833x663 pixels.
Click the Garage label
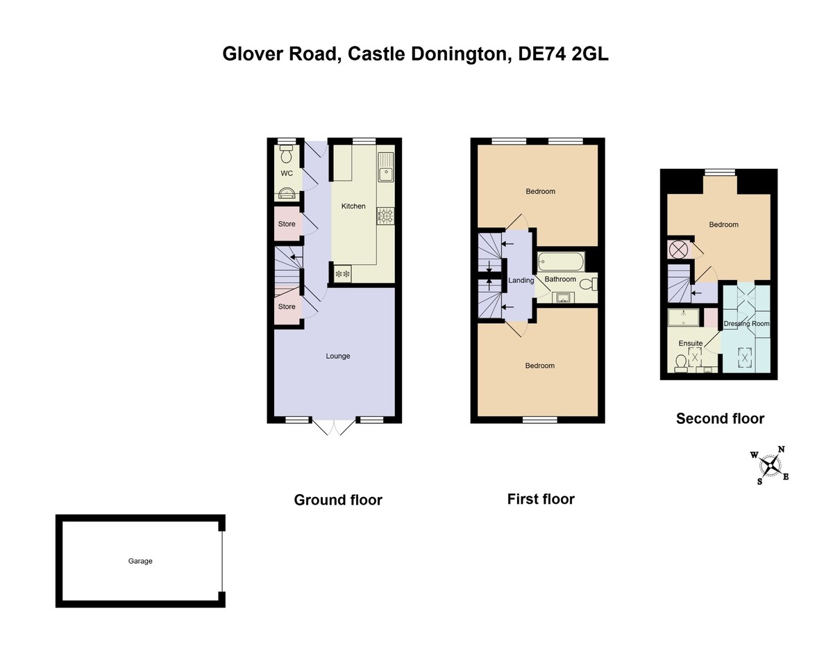pyautogui.click(x=140, y=561)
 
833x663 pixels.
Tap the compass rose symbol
pyautogui.click(x=769, y=465)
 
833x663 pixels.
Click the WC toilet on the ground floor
pyautogui.click(x=286, y=151)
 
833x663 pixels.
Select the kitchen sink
pyautogui.click(x=385, y=167)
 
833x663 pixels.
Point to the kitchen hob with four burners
pyautogui.click(x=385, y=216)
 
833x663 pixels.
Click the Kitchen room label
pyautogui.click(x=353, y=206)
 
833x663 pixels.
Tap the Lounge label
pyautogui.click(x=338, y=356)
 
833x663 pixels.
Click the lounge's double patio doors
pyautogui.click(x=334, y=427)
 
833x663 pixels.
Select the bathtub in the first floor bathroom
pyautogui.click(x=561, y=262)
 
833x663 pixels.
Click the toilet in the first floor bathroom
pyautogui.click(x=589, y=284)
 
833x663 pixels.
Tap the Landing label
pyautogui.click(x=521, y=281)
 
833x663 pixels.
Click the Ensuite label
pyautogui.click(x=690, y=343)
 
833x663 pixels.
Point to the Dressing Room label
pyautogui.click(x=746, y=324)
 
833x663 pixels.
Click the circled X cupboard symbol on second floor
pyautogui.click(x=678, y=249)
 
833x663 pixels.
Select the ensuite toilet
pyautogui.click(x=680, y=363)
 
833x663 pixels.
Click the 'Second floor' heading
pyautogui.click(x=720, y=418)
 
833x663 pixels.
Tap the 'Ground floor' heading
pyautogui.click(x=338, y=500)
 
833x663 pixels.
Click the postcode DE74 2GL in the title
pyautogui.click(x=564, y=54)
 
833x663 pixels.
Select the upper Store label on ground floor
pyautogui.click(x=287, y=224)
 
